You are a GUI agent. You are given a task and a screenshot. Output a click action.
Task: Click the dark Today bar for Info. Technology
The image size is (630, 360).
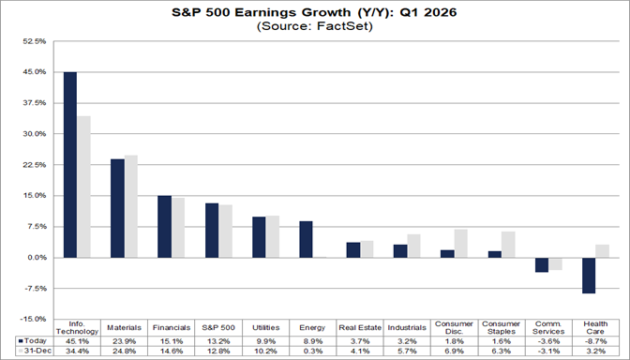tap(69, 164)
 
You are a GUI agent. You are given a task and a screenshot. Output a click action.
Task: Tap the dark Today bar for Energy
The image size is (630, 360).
tap(306, 239)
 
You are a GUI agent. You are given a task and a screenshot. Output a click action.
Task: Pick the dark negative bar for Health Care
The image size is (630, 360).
tap(588, 275)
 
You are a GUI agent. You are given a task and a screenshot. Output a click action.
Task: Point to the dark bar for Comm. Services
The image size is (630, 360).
tap(541, 264)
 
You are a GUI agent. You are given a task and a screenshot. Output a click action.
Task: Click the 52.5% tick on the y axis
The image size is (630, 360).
tap(34, 41)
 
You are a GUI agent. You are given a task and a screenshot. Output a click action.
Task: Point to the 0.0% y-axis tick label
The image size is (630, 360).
tap(36, 257)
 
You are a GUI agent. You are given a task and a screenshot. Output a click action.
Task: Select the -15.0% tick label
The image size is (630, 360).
tap(34, 318)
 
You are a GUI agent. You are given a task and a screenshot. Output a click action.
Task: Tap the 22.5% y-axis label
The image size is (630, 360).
tap(34, 164)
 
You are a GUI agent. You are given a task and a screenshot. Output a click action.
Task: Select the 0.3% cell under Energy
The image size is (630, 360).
tap(312, 350)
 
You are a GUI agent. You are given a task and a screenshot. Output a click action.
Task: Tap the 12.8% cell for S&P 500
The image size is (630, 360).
tap(217, 350)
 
